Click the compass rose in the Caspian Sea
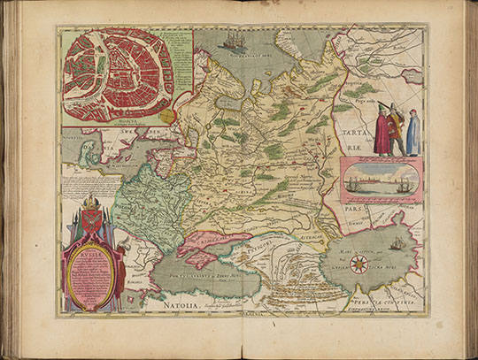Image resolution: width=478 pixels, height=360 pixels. pos(358,263)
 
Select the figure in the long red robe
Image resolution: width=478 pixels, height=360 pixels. pos(382,133)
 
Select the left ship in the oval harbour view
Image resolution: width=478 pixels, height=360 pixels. pos(357,183)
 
